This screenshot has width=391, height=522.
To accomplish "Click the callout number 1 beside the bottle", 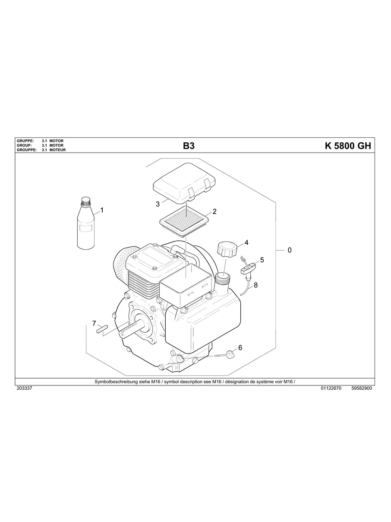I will coord(102,210).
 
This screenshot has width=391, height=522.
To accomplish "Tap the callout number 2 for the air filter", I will coord(214,212).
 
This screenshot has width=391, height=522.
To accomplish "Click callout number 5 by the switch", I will coord(262,260).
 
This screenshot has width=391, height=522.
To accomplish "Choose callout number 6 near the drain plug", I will coord(240,347).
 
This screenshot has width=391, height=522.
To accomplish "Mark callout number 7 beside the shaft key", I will coord(94,323).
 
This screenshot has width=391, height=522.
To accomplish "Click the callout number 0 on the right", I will coord(289,250).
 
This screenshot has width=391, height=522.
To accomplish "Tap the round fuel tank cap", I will coord(225,249).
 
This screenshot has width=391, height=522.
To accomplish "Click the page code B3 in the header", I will coord(189,146).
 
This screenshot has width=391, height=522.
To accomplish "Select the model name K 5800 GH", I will coord(347,146).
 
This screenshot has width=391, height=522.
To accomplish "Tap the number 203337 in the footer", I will coord(24,388).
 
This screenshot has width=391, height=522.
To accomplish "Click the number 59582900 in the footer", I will coord(362,388).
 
